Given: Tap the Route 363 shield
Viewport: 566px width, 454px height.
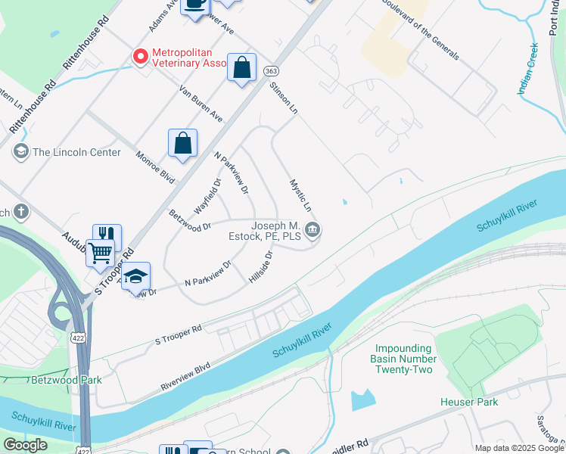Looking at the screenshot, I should (x=270, y=70).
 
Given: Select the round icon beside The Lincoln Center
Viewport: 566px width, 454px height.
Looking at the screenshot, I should (x=20, y=152).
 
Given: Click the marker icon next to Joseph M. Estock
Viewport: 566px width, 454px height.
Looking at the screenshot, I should (x=313, y=231).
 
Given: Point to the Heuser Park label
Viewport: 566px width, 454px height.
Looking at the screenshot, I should (x=469, y=402).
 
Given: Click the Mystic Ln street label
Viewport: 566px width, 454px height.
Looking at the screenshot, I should (x=301, y=195).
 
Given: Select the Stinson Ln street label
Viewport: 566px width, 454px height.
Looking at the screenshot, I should (x=284, y=99).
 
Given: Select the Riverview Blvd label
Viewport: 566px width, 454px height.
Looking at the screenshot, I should (x=185, y=376).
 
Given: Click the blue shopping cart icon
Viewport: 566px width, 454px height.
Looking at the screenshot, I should (x=100, y=253).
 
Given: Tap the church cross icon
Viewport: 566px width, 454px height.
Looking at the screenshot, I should (x=21, y=211).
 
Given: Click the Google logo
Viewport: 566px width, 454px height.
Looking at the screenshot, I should (x=25, y=445).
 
